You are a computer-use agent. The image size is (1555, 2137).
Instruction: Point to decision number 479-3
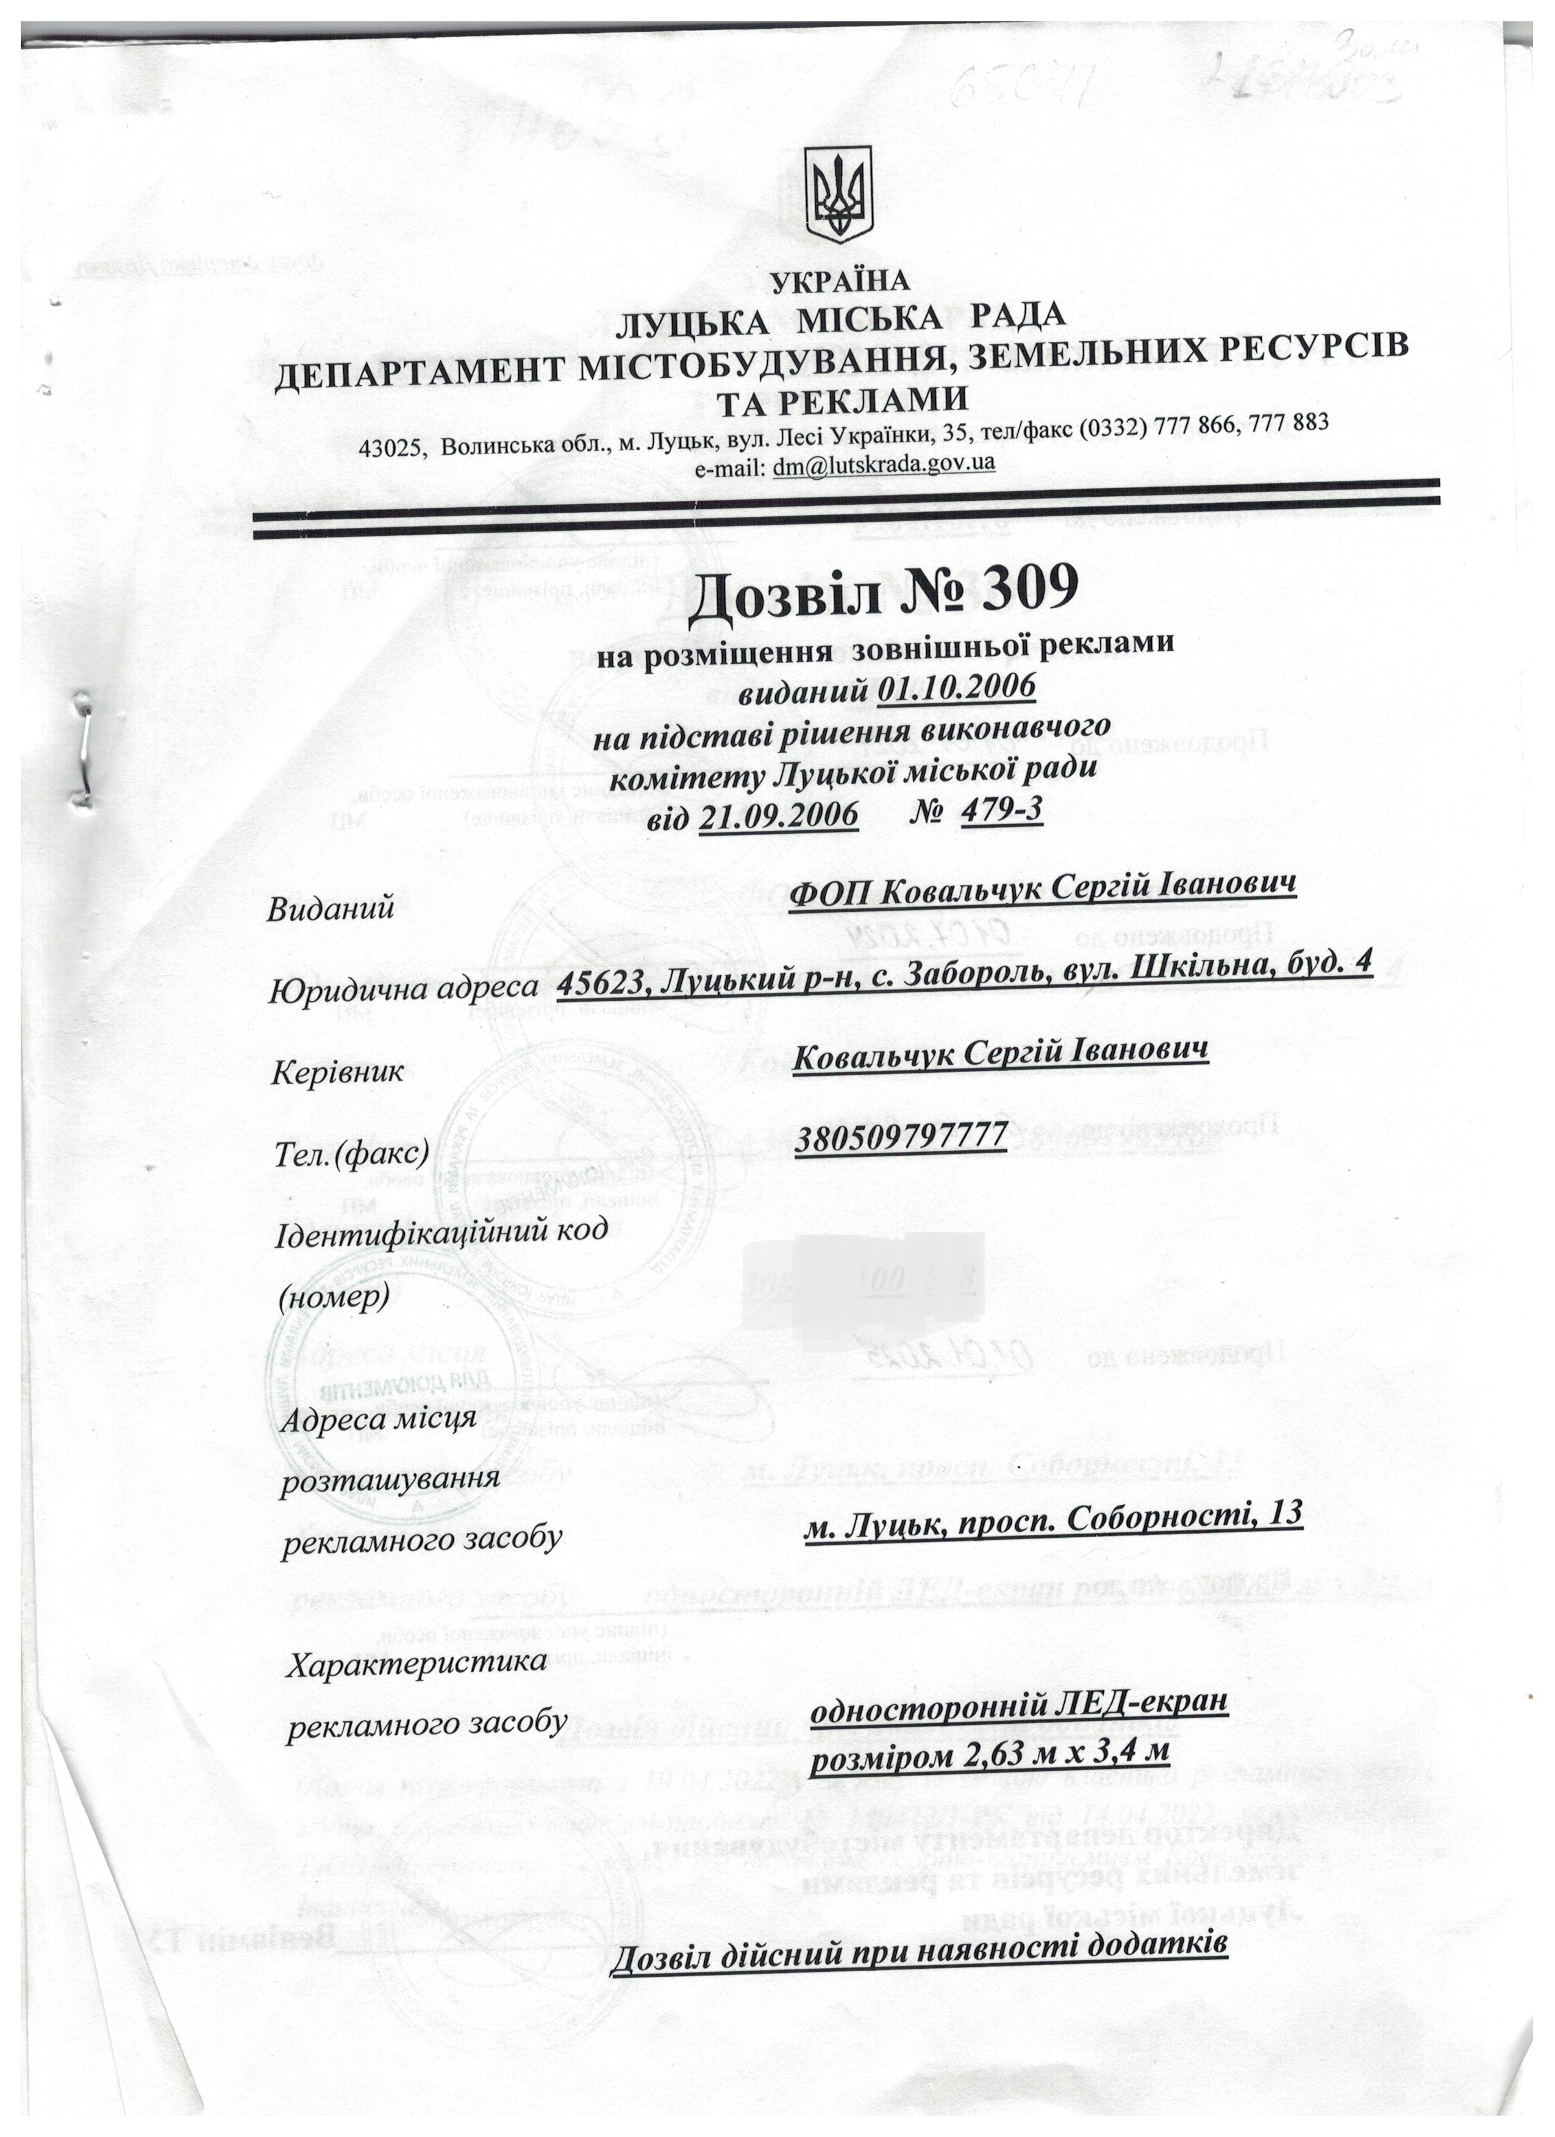click(1000, 809)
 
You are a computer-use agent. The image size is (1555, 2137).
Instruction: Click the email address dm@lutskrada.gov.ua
click(883, 464)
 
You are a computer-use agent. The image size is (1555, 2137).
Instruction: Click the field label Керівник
click(337, 1072)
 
